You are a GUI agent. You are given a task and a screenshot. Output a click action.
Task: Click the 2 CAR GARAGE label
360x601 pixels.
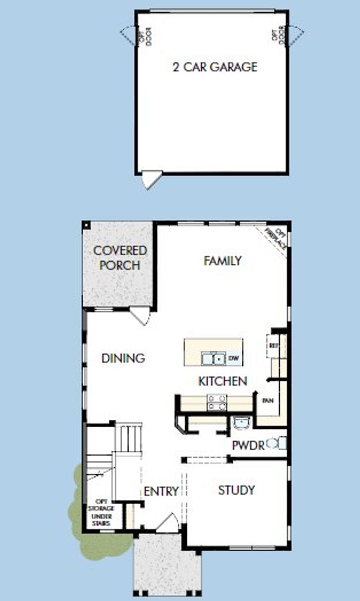214,67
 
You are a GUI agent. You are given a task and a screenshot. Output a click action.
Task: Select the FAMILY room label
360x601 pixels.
222,261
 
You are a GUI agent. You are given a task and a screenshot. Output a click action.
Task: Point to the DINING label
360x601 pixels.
123,358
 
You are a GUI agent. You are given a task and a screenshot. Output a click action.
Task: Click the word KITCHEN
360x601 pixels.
223,381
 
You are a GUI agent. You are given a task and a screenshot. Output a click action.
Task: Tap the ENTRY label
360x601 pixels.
161,491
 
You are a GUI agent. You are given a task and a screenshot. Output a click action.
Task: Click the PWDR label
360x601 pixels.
248,446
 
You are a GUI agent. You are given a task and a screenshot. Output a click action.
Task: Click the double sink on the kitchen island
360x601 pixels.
213,358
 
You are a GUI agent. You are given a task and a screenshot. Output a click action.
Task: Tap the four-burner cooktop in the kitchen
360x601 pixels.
217,402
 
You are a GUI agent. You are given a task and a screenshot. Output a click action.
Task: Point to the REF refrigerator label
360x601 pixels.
274,345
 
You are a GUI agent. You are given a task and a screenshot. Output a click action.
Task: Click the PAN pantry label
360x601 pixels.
268,401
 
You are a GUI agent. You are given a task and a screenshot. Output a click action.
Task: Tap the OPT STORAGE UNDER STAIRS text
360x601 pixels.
101,513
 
